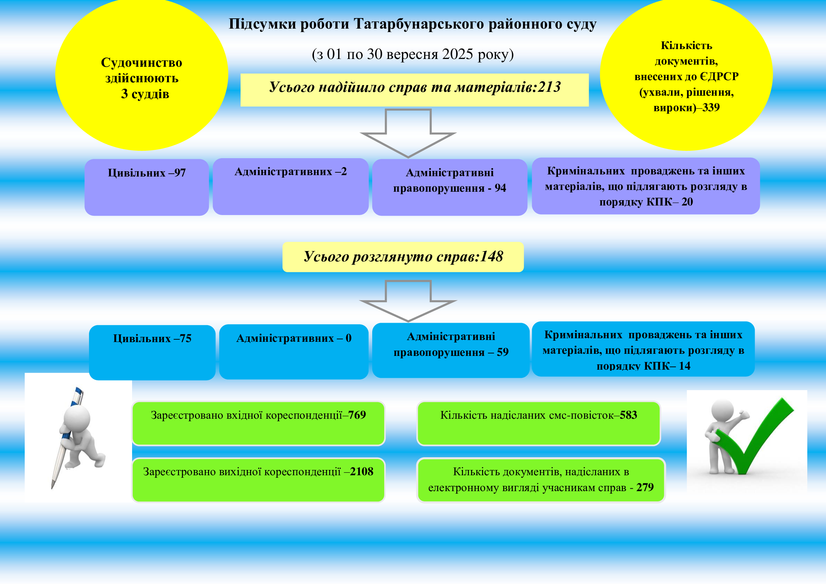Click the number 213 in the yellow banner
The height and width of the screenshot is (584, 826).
[x=549, y=87]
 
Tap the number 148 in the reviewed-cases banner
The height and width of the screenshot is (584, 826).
[x=492, y=256]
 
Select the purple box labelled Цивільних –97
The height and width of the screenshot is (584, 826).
[x=147, y=187]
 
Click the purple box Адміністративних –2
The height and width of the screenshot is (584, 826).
[x=290, y=186]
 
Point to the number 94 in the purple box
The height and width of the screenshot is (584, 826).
[x=500, y=188]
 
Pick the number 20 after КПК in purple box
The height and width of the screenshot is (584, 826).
[x=687, y=202]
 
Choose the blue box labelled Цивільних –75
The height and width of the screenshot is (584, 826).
[x=152, y=352]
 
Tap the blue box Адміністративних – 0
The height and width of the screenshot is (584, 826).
[x=293, y=351]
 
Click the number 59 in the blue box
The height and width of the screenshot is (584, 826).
[x=503, y=352]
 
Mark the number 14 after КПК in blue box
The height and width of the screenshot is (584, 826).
[x=685, y=366]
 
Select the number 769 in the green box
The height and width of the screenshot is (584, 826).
[x=357, y=415]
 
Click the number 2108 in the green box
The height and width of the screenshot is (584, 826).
[x=362, y=471]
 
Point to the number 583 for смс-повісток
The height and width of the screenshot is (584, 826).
[x=628, y=415]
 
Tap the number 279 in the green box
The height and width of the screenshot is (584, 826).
[x=645, y=487]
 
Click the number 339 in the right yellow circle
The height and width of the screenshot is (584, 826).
[x=711, y=108]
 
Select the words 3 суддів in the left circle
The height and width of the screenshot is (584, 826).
[x=145, y=94]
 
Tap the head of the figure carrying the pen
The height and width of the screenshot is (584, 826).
[x=77, y=418]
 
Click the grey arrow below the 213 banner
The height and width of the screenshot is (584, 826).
[x=408, y=133]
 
